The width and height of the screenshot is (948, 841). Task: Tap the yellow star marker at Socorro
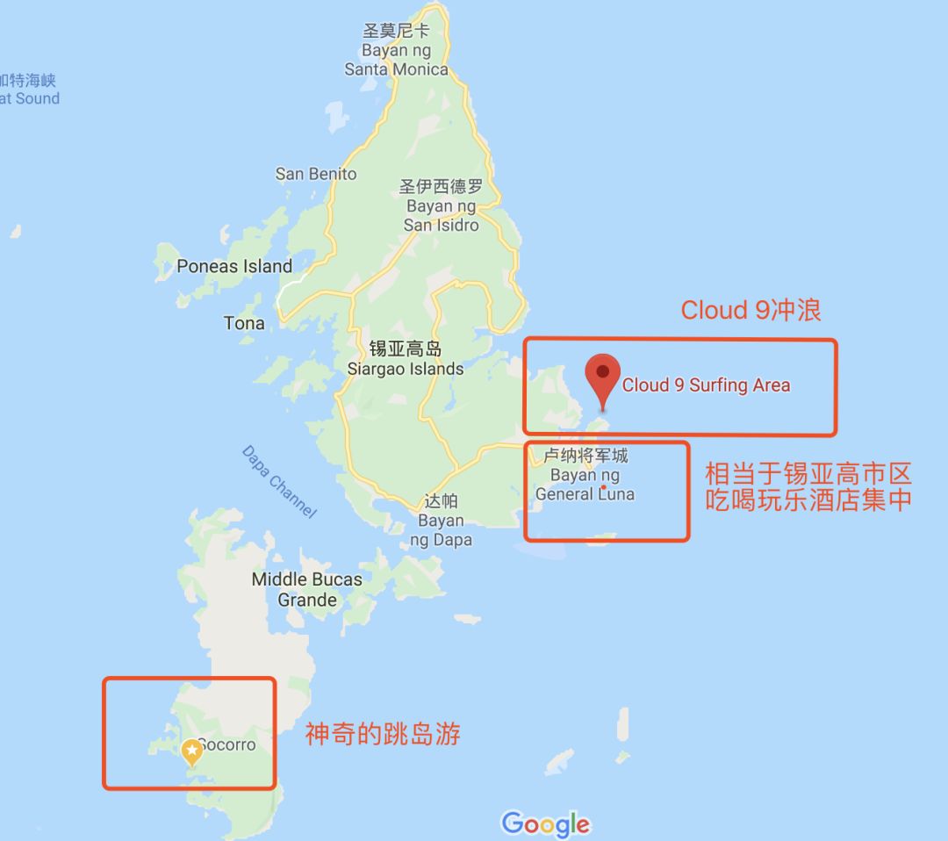[x=191, y=751]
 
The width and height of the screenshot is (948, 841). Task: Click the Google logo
[x=546, y=823]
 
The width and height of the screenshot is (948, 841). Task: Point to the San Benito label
[x=316, y=174]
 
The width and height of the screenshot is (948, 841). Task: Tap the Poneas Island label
[x=234, y=266]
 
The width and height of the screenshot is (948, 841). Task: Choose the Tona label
[x=244, y=323]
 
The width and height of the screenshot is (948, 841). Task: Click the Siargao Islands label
[x=406, y=369]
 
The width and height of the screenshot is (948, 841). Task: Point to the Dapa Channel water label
[x=278, y=482]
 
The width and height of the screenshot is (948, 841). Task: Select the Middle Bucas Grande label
[x=307, y=589]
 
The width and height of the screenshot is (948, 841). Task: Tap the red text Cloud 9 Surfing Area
[x=706, y=385]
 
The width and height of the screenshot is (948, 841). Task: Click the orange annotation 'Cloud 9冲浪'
[x=751, y=310]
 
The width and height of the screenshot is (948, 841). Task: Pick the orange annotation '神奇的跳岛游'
[x=383, y=734]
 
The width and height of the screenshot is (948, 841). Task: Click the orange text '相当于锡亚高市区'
[x=808, y=475]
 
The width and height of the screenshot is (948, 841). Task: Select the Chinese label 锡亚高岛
[x=406, y=349]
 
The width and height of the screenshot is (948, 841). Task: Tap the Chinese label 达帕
[x=441, y=501]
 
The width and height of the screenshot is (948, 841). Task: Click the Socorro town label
[x=227, y=744]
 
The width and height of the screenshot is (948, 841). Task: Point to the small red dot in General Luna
[x=605, y=488]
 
